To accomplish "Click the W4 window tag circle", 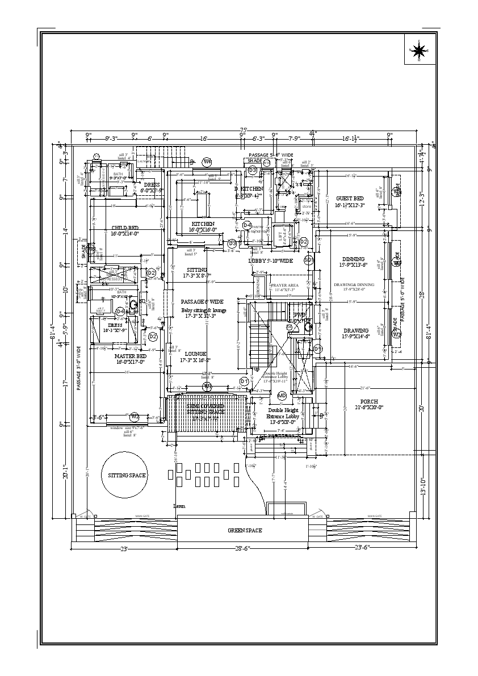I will point(207,162).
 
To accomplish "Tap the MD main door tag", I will point(282,395).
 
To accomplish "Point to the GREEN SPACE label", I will point(245,530).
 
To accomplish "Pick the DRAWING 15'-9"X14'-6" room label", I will point(355,333).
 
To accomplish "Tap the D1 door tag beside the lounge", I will point(244,381).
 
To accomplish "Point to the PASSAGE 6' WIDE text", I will point(202,301).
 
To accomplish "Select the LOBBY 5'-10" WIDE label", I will point(271,261).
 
